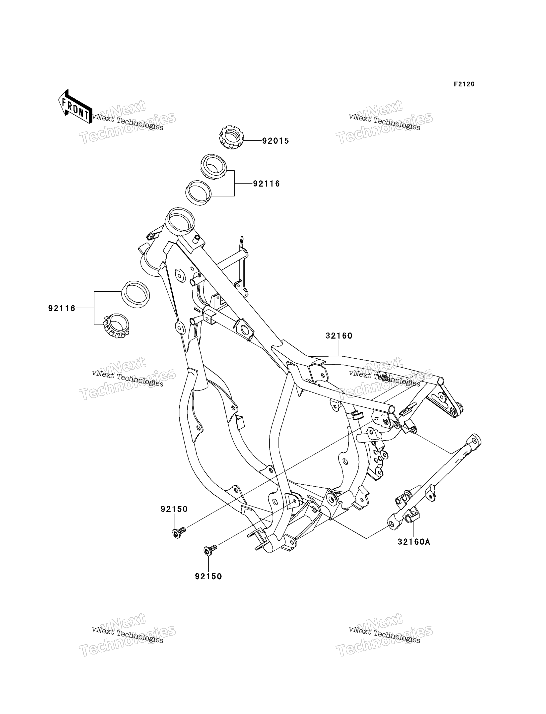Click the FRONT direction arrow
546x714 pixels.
point(75,107)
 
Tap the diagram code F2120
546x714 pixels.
point(464,84)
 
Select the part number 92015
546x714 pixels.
point(275,141)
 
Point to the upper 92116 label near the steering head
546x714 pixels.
point(267,184)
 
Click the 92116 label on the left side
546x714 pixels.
point(62,308)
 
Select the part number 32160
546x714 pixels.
point(339,336)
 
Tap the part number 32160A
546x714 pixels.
point(414,542)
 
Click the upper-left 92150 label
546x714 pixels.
point(174,509)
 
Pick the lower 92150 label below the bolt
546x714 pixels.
point(208,577)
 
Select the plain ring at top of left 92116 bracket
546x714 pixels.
point(136,294)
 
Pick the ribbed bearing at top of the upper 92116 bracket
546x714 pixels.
point(213,166)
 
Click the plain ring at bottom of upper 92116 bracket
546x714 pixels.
point(198,193)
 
